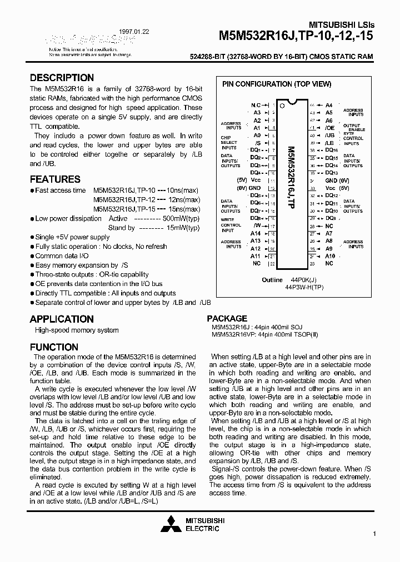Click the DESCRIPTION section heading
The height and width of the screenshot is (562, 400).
pyautogui.click(x=62, y=78)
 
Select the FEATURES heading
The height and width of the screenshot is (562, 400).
pyautogui.click(x=55, y=179)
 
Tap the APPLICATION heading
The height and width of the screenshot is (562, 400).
pyautogui.click(x=62, y=319)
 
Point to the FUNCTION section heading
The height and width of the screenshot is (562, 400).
pyautogui.click(x=54, y=348)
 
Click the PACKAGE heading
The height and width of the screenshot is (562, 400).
pyautogui.click(x=227, y=319)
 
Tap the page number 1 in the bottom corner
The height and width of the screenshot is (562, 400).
pyautogui.click(x=375, y=534)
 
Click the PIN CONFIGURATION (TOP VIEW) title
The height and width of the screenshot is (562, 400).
pyautogui.click(x=277, y=84)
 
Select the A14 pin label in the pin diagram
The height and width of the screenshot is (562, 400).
pyautogui.click(x=255, y=234)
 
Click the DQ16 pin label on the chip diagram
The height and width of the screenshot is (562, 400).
pyautogui.click(x=331, y=150)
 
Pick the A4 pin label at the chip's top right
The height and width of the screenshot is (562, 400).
pyautogui.click(x=329, y=105)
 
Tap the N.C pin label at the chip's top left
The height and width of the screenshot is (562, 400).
pyautogui.click(x=255, y=105)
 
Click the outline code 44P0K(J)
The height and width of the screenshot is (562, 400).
pyautogui.click(x=302, y=280)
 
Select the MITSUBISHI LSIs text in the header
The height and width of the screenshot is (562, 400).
pyautogui.click(x=342, y=25)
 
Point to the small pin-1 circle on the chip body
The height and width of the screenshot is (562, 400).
pyautogui.click(x=282, y=106)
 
